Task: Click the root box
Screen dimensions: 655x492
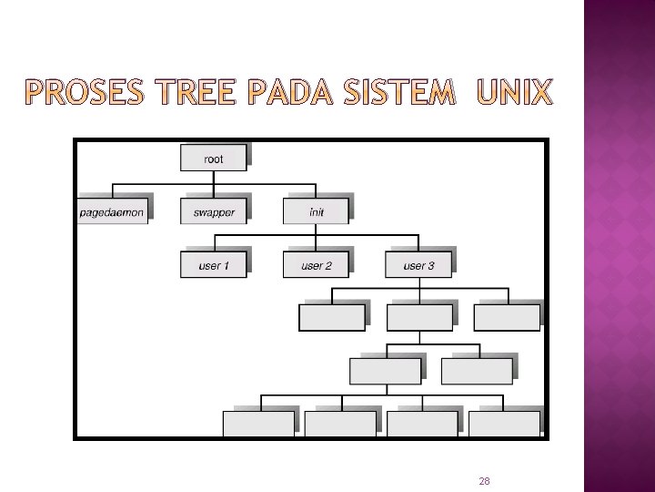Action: pos(213,158)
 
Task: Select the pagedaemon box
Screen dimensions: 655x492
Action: pos(112,211)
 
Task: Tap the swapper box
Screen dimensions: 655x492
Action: pos(214,211)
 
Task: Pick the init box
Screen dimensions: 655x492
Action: pos(316,211)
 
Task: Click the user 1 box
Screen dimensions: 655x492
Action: pos(214,265)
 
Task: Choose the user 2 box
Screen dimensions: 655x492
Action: pos(316,265)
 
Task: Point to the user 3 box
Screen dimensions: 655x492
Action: pos(418,265)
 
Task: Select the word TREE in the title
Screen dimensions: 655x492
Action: pos(187,92)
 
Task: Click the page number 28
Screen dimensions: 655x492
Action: pos(484,480)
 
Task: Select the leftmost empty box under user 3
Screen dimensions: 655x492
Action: pos(332,317)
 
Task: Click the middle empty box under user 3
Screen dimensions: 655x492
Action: pos(419,317)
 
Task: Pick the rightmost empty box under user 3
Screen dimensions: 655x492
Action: pos(507,317)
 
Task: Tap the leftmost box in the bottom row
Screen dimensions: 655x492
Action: pos(258,424)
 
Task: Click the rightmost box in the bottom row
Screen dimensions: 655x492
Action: pos(503,424)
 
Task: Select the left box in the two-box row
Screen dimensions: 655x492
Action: pos(386,371)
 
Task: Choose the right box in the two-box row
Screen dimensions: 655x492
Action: pos(477,371)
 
